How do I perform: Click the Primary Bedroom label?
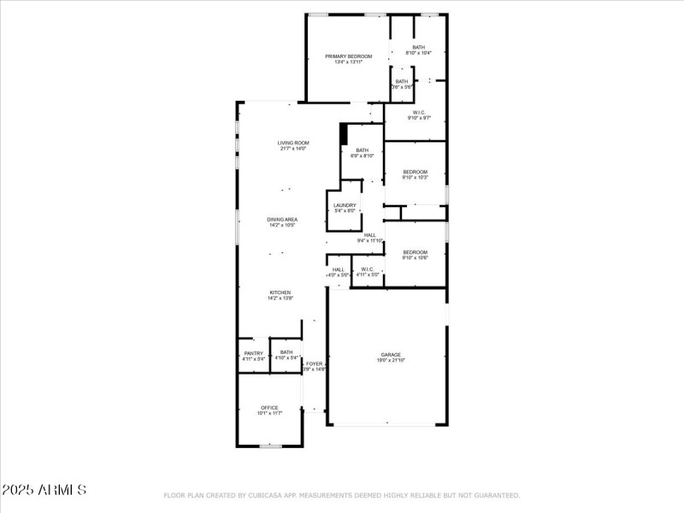pos(348,56)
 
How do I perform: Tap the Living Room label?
pos(293,143)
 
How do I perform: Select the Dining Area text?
pos(281,220)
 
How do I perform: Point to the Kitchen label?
pos(280,292)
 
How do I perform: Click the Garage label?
pos(391,354)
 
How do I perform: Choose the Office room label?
pos(269,408)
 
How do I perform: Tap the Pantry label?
pos(253,352)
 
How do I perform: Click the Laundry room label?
pos(345,205)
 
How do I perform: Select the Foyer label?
pos(315,363)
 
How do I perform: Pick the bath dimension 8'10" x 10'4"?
pos(418,53)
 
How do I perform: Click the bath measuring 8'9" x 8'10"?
pos(363,156)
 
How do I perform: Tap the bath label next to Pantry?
pos(286,352)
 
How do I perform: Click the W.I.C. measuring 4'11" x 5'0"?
pos(366,274)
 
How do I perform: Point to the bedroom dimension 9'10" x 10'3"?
pos(415,178)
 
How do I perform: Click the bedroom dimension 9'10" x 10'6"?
pos(415,257)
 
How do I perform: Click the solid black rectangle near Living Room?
pos(344,134)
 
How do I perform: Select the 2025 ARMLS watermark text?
pos(44,490)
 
